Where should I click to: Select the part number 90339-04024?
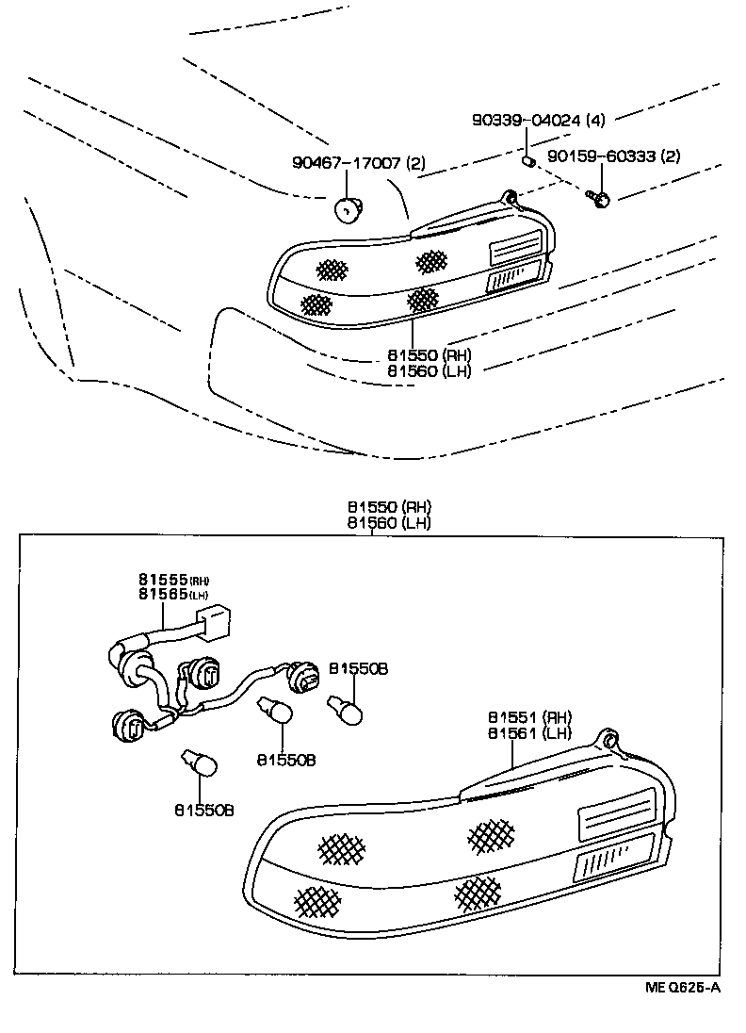[x=526, y=121]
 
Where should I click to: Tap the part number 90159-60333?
[x=600, y=156]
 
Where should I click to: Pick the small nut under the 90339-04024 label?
[x=528, y=160]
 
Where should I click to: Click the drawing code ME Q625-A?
[x=682, y=987]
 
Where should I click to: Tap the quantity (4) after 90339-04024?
[x=595, y=121]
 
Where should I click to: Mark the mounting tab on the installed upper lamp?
[x=511, y=199]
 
